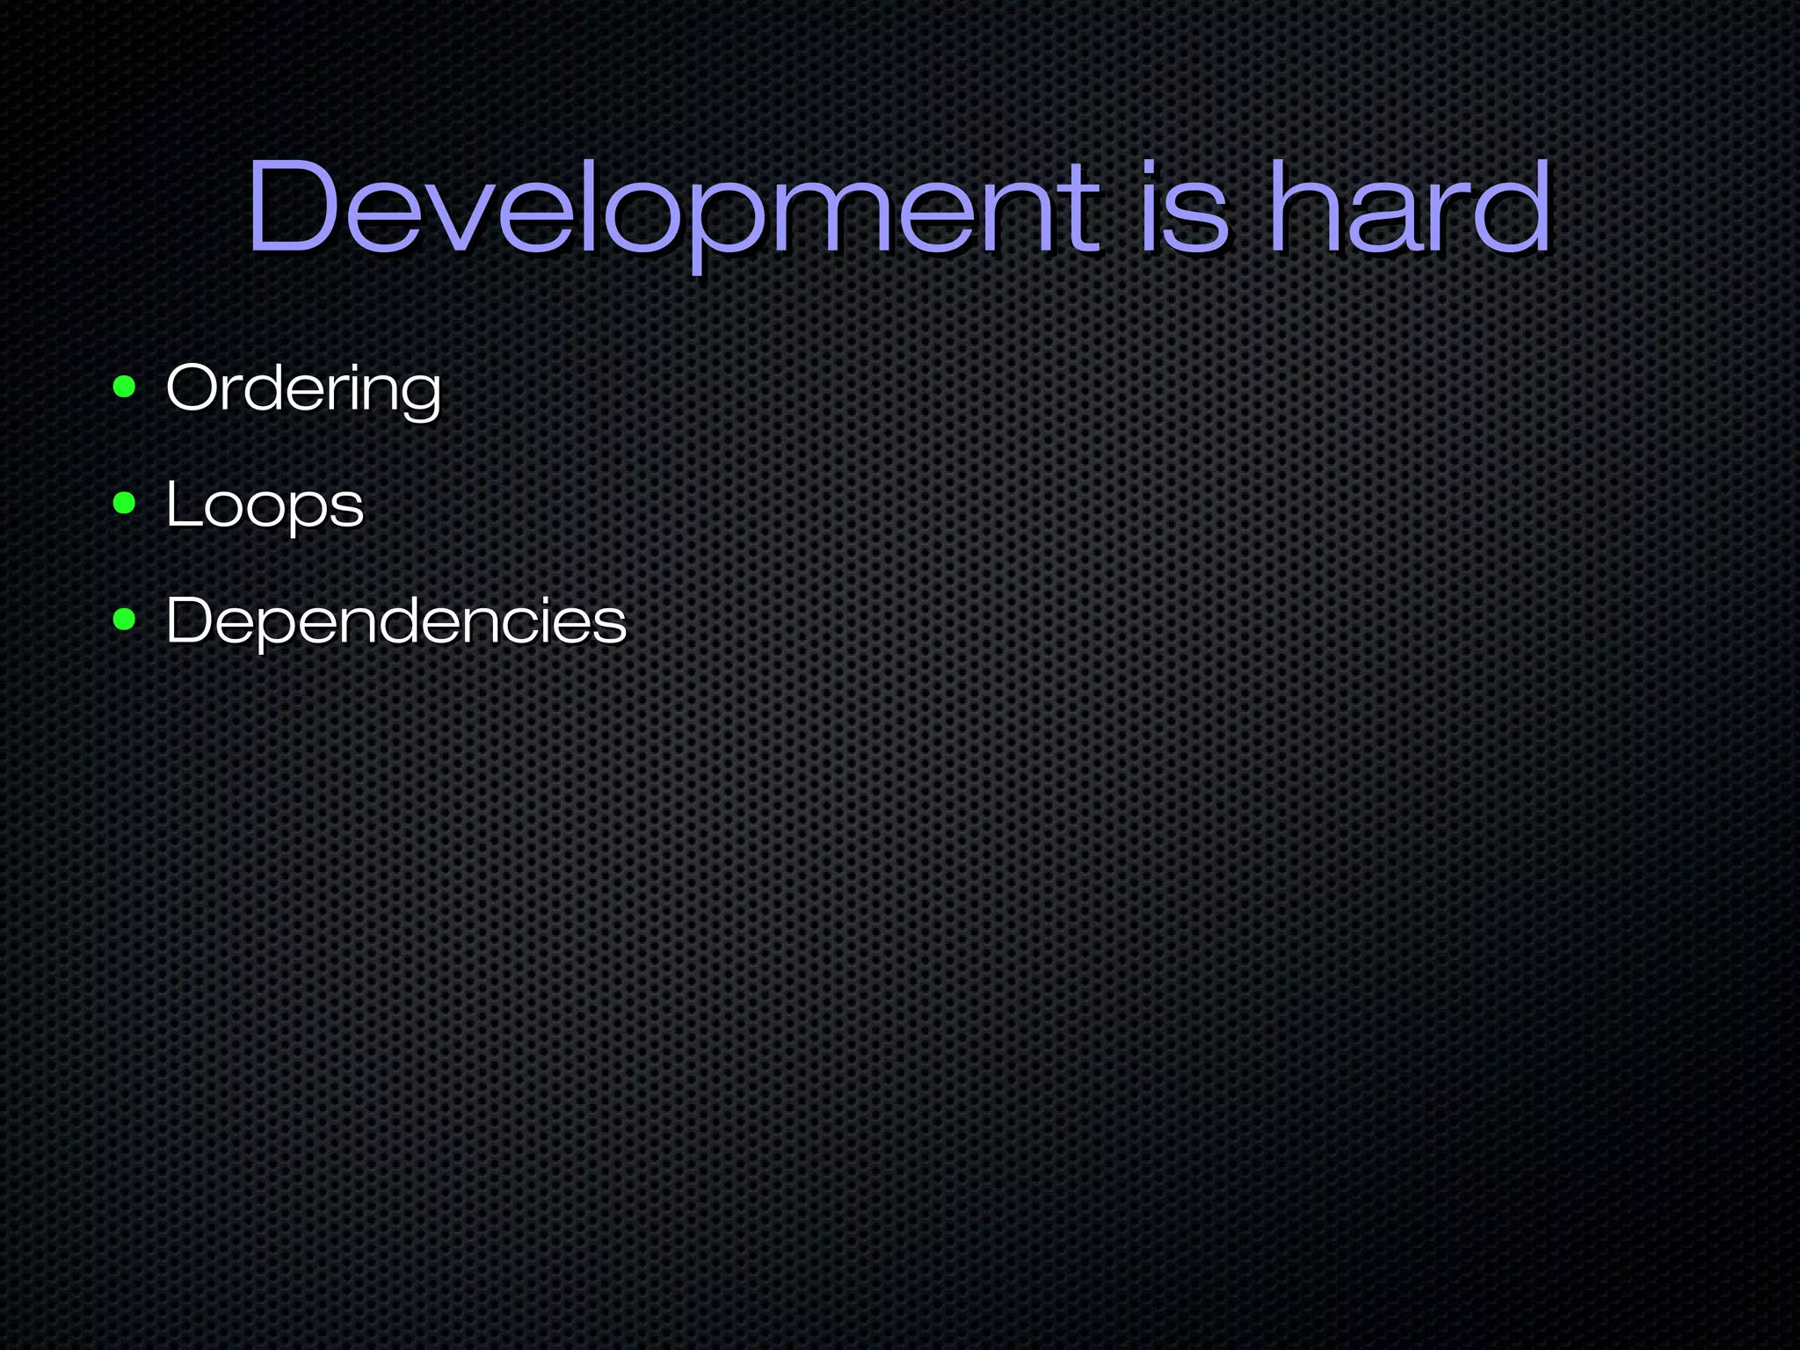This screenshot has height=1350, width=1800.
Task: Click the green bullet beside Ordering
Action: [125, 387]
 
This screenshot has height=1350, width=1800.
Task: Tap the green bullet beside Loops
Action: [125, 504]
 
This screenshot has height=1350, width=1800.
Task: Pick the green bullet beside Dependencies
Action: [125, 620]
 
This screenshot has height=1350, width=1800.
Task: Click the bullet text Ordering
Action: [303, 388]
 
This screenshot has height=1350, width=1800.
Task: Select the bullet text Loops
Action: [265, 504]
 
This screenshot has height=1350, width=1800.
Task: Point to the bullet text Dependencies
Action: [396, 621]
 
